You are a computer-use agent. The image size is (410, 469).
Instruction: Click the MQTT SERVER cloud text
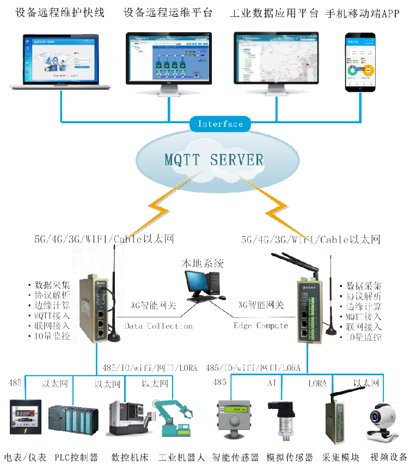[x=213, y=160]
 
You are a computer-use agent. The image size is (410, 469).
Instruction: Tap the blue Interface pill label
[x=220, y=124]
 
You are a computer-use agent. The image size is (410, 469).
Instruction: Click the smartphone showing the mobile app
[x=360, y=62]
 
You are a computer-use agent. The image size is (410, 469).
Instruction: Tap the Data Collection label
[x=159, y=326]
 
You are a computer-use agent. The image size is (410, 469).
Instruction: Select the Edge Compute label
[x=261, y=326]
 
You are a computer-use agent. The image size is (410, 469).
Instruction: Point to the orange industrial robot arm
[x=175, y=418]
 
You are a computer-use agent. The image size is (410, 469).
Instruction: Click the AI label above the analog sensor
[x=272, y=383]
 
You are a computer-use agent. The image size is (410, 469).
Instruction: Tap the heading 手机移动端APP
[x=363, y=14]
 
